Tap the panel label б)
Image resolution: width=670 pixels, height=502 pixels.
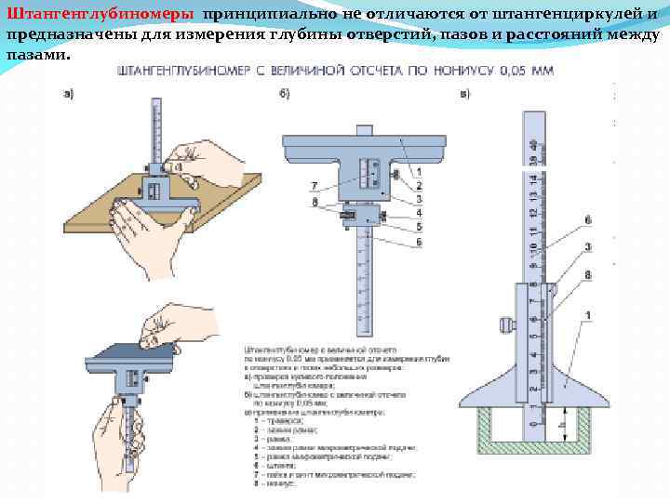(x=285, y=93)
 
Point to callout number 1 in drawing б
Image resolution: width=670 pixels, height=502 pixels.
(x=420, y=172)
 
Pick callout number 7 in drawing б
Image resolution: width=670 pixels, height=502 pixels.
(x=315, y=185)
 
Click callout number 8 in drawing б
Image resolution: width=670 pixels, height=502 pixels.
(x=315, y=201)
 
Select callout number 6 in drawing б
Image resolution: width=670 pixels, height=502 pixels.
(x=420, y=242)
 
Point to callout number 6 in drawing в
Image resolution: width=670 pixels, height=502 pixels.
(x=588, y=221)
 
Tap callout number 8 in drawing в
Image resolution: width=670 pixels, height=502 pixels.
(x=588, y=274)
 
